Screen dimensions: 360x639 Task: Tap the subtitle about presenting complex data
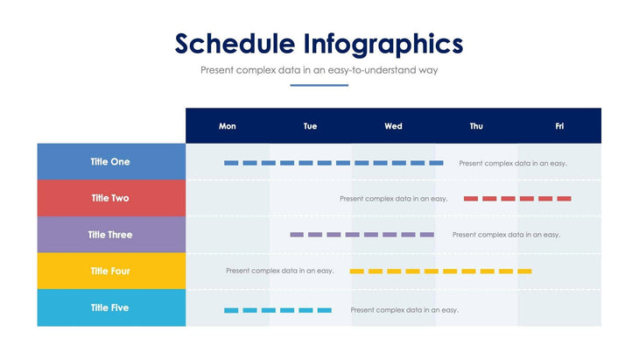coord(319,70)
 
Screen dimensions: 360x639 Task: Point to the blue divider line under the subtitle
coord(319,85)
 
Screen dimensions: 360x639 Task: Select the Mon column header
coord(227,126)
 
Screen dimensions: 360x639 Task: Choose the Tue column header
coord(310,126)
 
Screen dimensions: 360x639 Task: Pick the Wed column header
coord(393,126)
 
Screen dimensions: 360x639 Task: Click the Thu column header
coord(476,126)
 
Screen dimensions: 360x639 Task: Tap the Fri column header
coord(559,126)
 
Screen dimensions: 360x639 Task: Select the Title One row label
coord(110,162)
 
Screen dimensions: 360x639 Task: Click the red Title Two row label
coord(110,198)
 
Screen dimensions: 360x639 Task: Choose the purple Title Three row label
coord(110,235)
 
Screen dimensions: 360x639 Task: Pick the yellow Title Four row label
coord(110,272)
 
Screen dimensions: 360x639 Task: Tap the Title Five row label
coord(110,308)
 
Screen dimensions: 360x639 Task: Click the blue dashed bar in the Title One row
coord(334,163)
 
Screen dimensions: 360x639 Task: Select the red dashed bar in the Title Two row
coord(517,199)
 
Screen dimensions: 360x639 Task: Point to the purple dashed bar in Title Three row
coord(362,235)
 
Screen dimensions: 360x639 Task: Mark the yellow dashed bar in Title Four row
coord(440,272)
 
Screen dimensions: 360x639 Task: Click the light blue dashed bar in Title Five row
coord(277,310)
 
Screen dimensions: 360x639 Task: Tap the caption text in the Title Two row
coord(393,199)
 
